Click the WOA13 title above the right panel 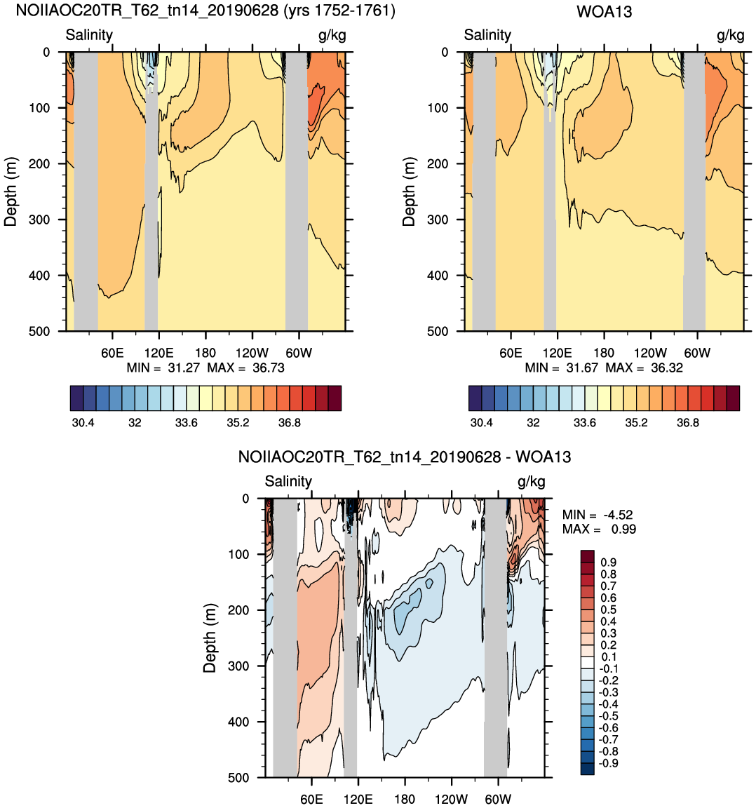tap(604, 11)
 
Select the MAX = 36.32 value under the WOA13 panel tap(644, 368)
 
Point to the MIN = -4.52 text tap(598, 515)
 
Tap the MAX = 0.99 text tap(600, 530)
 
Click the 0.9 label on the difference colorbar tap(609, 563)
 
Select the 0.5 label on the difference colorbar tap(609, 610)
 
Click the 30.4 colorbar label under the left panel tap(83, 423)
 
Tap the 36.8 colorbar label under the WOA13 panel tap(687, 423)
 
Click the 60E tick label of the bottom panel tap(312, 800)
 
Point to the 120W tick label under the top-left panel tap(252, 353)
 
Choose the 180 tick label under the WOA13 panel tap(603, 353)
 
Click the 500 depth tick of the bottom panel tap(238, 778)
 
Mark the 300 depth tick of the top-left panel tap(39, 220)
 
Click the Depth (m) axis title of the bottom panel tap(209, 638)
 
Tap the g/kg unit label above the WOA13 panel tap(731, 35)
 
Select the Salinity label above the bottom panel tap(288, 481)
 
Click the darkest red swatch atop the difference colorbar tap(588, 556)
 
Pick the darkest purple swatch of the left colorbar tap(76, 398)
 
